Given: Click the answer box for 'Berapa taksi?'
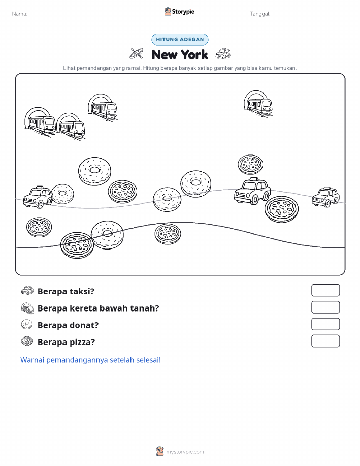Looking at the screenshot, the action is pos(325,290).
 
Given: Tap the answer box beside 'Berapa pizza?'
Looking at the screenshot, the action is pos(325,341).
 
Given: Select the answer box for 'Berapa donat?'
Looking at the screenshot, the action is pos(325,324).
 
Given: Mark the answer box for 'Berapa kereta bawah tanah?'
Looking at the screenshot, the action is pos(325,307).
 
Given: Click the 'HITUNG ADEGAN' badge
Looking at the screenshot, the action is pos(180,39).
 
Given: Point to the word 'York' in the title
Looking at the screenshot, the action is pos(194,55).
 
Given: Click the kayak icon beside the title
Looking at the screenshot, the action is pos(137,53).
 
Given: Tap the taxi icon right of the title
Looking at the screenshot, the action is pos(223,53).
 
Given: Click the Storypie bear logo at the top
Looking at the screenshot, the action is pos(168,12).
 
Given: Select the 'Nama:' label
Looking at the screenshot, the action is pos(20,14).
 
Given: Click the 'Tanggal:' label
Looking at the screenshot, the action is pos(260,14).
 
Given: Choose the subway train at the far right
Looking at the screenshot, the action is pos(258,104).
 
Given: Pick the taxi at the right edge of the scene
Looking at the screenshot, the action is pos(325,197).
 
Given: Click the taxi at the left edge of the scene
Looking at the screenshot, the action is pos(38,197).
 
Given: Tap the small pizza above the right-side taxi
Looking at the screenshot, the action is pos(250,164).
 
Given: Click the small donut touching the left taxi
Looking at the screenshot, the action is pos(62,194).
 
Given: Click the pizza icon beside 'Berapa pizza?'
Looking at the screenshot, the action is pos(27,341).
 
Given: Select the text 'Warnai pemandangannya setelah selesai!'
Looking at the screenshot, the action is pos(90,360).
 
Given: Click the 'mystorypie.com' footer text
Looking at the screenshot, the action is pos(185,452).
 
